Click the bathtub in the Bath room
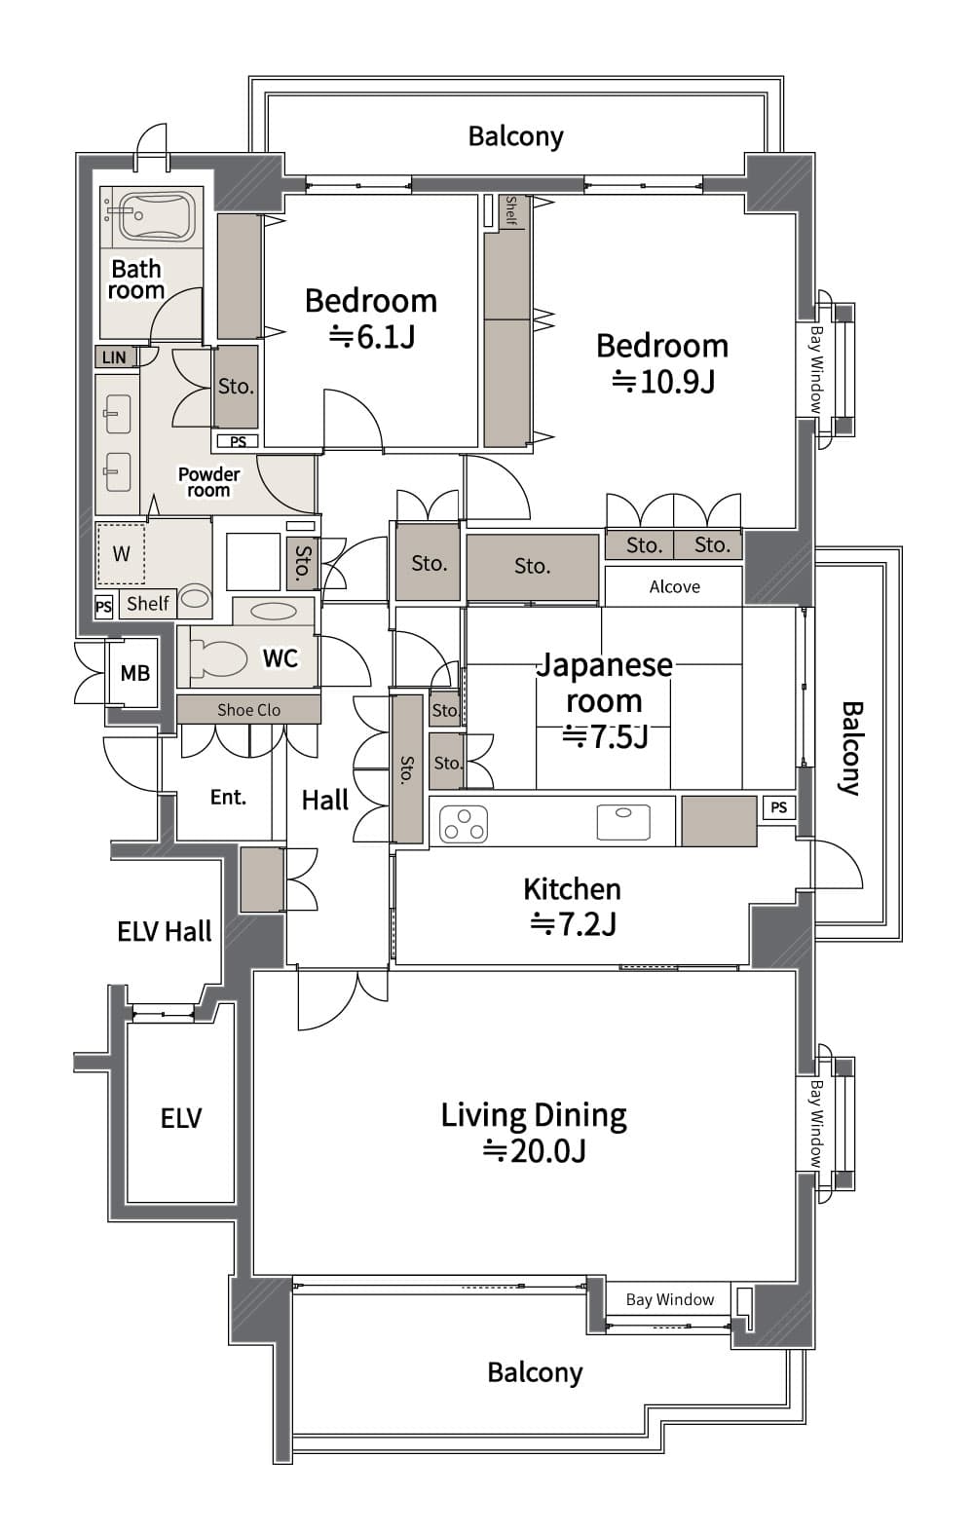(x=154, y=215)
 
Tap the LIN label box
(x=114, y=357)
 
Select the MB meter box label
(x=134, y=673)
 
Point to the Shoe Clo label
(x=248, y=710)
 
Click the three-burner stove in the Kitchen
(x=464, y=824)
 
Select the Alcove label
(x=674, y=586)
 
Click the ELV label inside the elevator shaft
(x=180, y=1118)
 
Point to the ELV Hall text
(x=164, y=932)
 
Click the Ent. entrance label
(x=228, y=798)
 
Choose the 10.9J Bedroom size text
(x=663, y=382)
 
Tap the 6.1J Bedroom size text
(x=371, y=337)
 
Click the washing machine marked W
(x=121, y=554)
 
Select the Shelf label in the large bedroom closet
(x=510, y=210)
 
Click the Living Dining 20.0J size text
(x=534, y=1151)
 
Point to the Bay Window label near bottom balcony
(x=669, y=1299)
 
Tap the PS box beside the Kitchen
(x=778, y=807)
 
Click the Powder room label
(x=208, y=482)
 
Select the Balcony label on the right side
(x=850, y=748)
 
